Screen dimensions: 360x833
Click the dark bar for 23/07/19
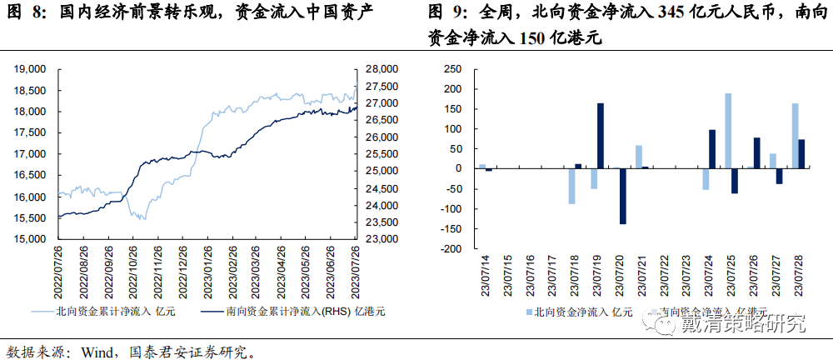(600, 136)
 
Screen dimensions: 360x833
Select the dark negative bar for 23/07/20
(621, 196)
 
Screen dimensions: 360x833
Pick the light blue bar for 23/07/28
(795, 136)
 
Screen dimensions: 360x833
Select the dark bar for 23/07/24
(712, 149)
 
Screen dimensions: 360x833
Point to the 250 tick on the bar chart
(451, 69)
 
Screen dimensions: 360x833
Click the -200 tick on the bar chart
(450, 248)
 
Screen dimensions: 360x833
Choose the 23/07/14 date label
(484, 274)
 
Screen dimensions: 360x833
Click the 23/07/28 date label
(799, 274)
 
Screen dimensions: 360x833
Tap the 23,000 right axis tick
(383, 239)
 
